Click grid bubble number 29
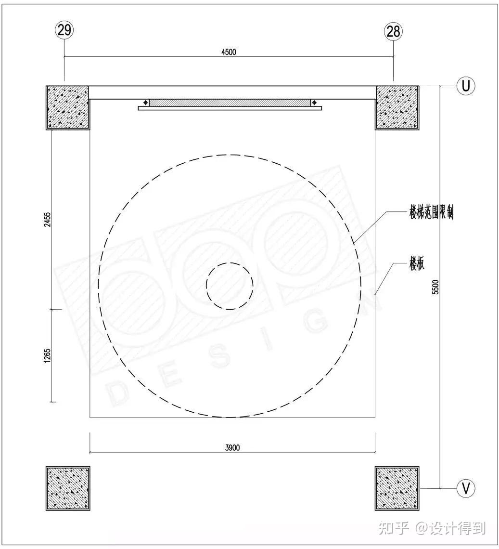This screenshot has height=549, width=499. [x=64, y=30]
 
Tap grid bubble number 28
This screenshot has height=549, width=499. [x=393, y=31]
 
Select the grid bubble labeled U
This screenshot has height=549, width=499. [x=465, y=86]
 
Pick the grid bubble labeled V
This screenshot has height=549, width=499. [x=465, y=488]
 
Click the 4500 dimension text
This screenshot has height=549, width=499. [x=229, y=52]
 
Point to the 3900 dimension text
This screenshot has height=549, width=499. [x=232, y=448]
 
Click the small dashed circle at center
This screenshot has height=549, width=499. [x=230, y=286]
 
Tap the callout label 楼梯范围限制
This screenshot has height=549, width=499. [x=431, y=212]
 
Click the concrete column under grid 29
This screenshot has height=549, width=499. [x=67, y=107]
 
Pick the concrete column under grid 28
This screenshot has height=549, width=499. [x=397, y=107]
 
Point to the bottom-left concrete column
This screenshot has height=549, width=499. [x=67, y=488]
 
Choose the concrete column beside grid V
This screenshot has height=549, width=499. [x=397, y=488]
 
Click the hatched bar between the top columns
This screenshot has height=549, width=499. [x=230, y=103]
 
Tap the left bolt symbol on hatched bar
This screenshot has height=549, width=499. [x=145, y=103]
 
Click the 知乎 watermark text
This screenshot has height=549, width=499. [x=394, y=528]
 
